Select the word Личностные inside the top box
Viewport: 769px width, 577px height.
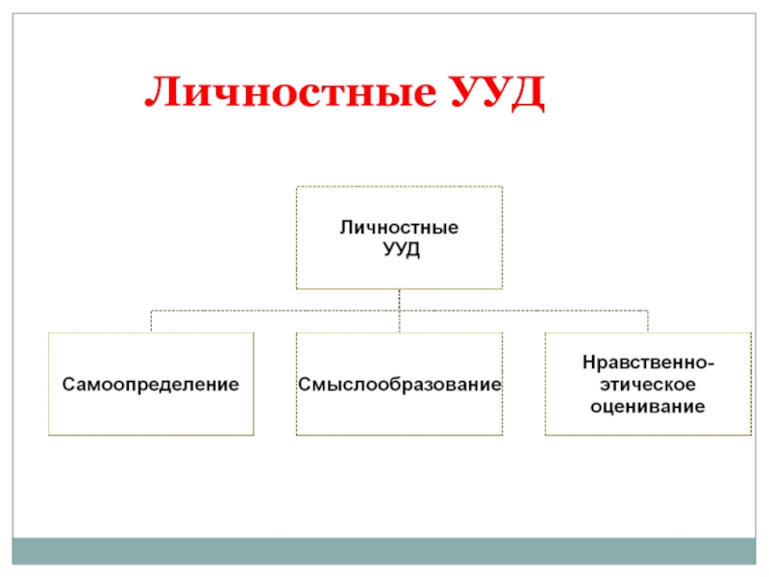pos(399,228)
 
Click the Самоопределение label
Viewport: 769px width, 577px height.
pos(152,385)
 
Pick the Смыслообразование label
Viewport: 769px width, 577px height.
pos(399,385)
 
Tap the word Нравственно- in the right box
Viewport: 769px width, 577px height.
pos(648,364)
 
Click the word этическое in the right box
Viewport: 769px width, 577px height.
pos(648,385)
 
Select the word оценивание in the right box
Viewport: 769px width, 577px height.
pos(648,406)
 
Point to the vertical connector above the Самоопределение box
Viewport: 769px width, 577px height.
pos(152,321)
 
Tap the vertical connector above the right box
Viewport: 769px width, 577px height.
pos(648,321)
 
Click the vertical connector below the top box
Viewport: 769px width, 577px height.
pos(399,299)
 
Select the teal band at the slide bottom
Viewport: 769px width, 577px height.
pos(384,550)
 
